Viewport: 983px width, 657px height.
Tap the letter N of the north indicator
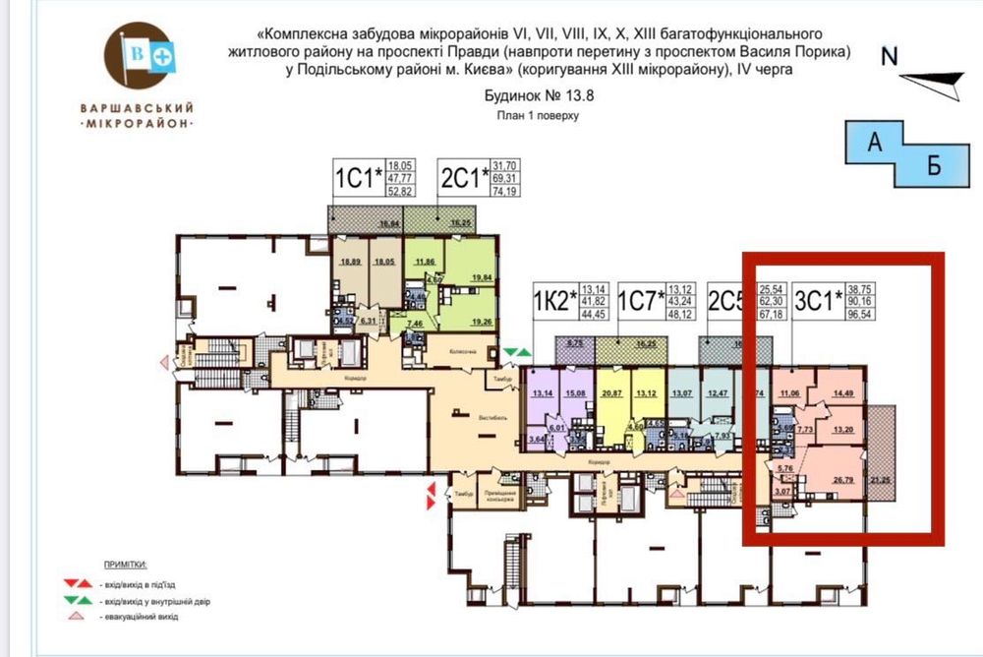coord(890,56)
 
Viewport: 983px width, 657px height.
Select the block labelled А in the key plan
coord(872,144)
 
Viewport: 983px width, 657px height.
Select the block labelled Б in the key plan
coord(934,165)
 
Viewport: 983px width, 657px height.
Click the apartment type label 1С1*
coord(357,178)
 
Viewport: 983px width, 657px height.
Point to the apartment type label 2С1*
coord(463,178)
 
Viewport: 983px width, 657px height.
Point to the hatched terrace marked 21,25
coord(879,479)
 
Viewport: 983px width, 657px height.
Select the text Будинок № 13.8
coord(540,96)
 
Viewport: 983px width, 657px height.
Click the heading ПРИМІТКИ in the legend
coord(124,565)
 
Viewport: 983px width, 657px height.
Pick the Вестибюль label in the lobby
coord(492,417)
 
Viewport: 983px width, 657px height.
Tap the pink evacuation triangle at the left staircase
coord(165,362)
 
